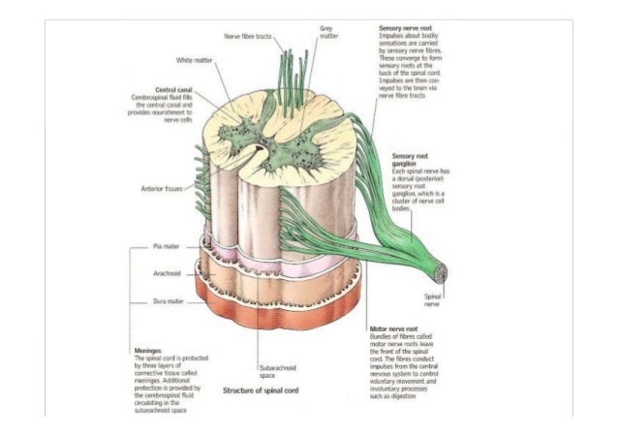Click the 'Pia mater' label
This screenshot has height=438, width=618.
pos(165,249)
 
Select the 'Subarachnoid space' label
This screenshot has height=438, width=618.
pos(278,372)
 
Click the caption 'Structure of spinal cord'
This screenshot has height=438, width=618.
pos(268,391)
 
